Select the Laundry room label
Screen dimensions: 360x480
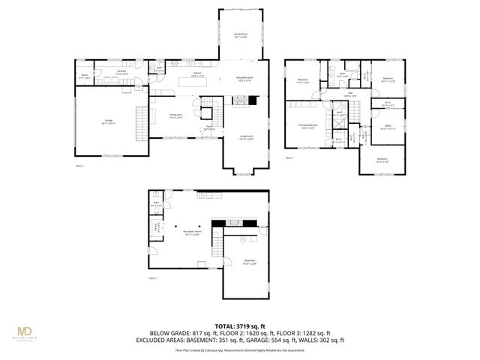pos(121,72)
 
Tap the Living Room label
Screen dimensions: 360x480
pos(246,137)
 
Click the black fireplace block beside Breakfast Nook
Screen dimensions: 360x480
pos(253,99)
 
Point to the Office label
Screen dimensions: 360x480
pos(388,128)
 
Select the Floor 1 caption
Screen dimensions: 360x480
pos(153,278)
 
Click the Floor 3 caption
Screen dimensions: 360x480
pos(289,158)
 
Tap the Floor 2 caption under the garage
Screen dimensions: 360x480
pos(79,165)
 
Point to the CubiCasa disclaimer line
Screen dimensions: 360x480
pos(240,349)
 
